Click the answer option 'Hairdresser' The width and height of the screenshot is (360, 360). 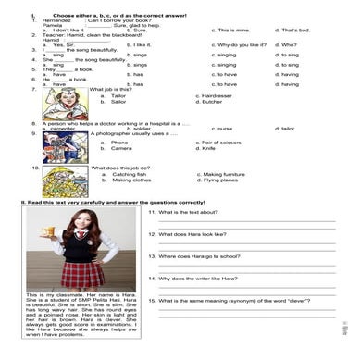point(214,95)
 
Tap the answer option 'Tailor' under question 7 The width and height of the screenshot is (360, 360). point(118,95)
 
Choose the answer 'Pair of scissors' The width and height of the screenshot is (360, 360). point(218,142)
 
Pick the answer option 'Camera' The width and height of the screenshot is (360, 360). point(120,148)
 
